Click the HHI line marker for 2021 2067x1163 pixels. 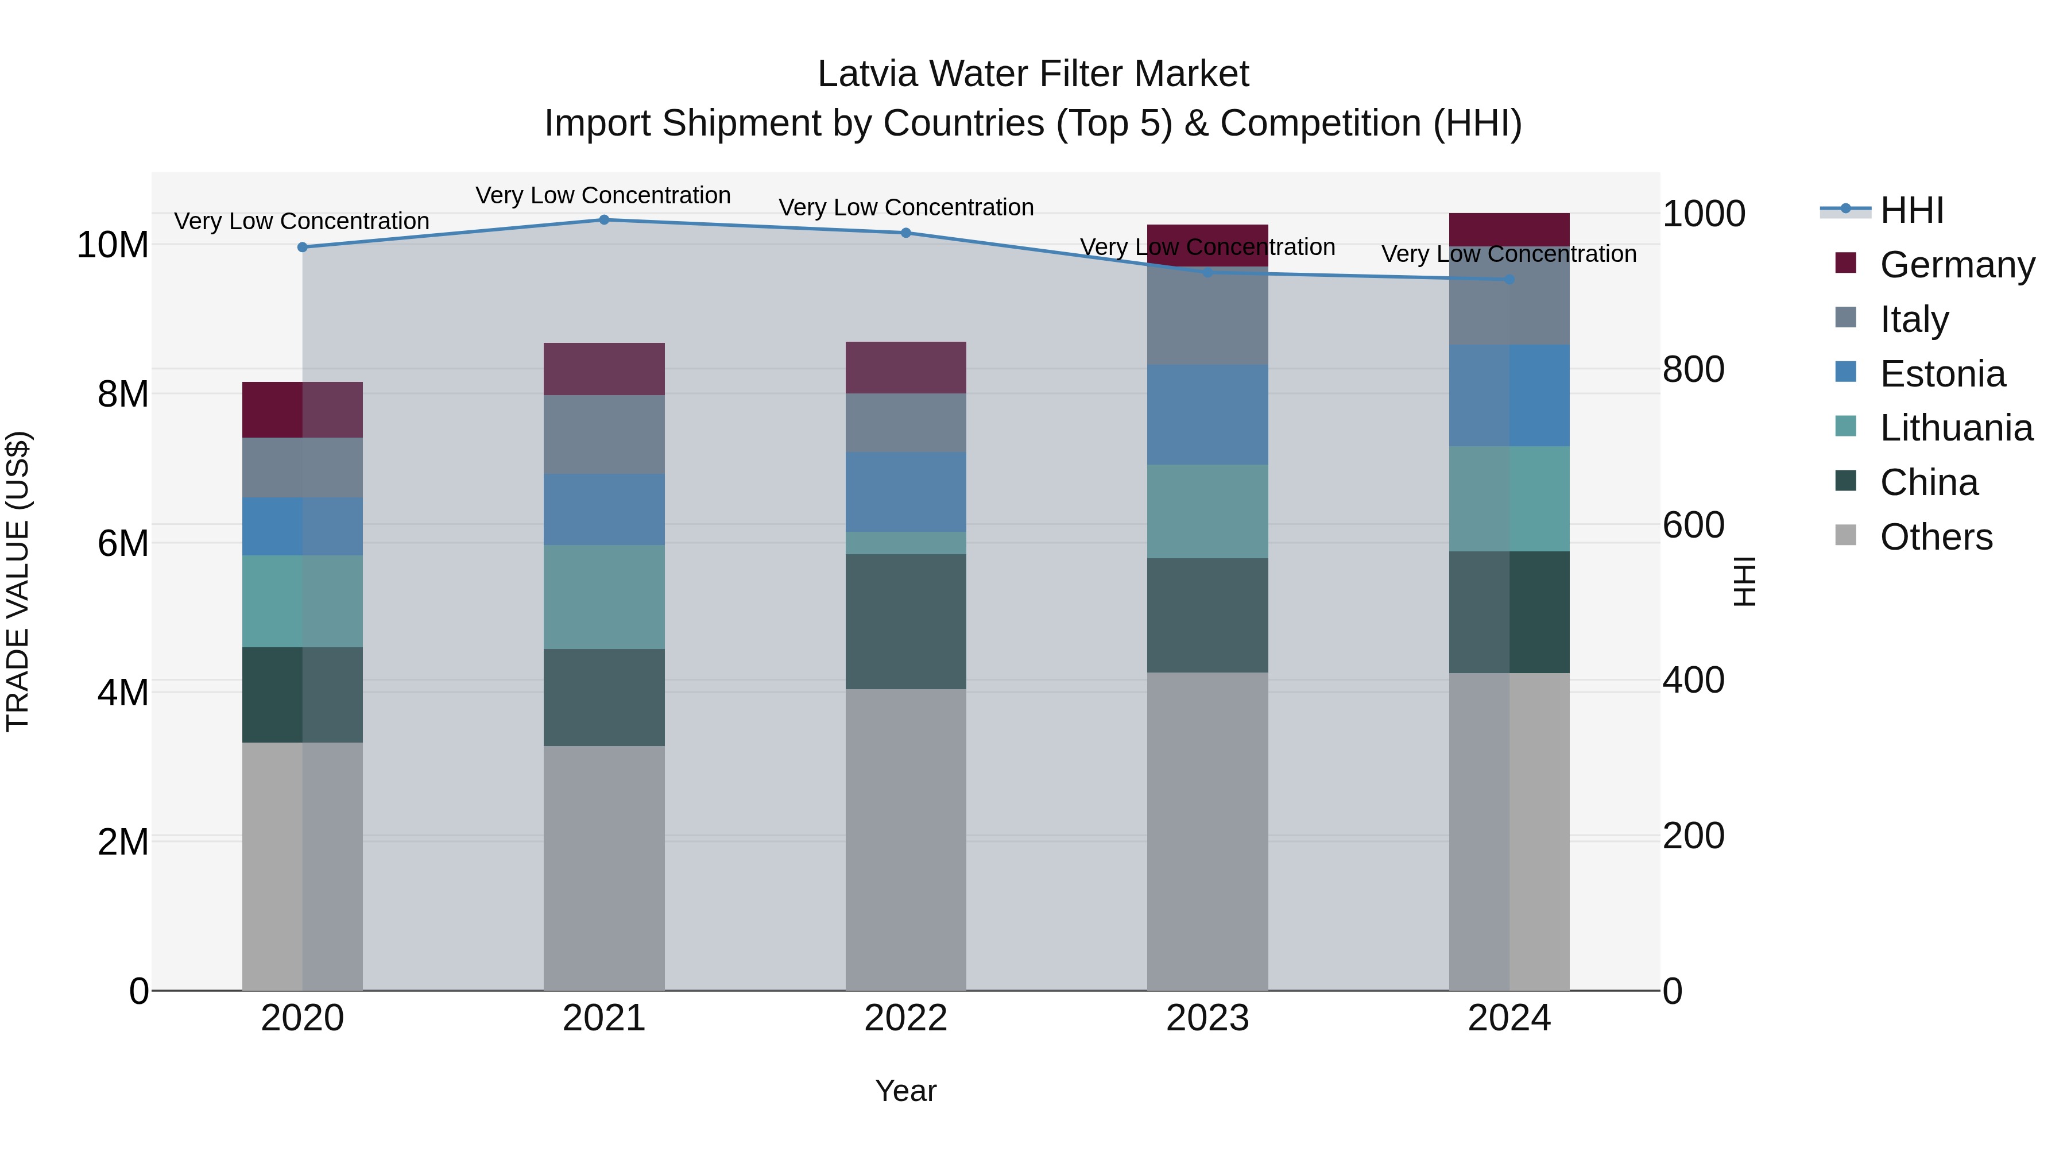[604, 220]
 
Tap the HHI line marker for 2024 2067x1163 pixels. [1509, 279]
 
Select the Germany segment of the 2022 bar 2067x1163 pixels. [906, 368]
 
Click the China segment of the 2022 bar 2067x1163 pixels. [906, 621]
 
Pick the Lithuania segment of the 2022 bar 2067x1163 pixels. [906, 543]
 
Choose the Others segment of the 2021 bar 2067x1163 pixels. [604, 867]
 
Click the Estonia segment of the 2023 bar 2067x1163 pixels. [1207, 415]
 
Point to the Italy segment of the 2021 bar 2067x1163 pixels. [604, 434]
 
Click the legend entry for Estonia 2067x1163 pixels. [1942, 374]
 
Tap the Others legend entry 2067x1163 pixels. [1936, 537]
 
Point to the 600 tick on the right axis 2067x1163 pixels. [1693, 525]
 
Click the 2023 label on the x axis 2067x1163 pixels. [1207, 1018]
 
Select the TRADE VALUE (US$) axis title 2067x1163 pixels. [18, 581]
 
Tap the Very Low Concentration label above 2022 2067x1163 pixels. [906, 207]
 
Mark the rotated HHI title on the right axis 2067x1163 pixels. [1744, 581]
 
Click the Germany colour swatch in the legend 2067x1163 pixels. [1845, 263]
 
